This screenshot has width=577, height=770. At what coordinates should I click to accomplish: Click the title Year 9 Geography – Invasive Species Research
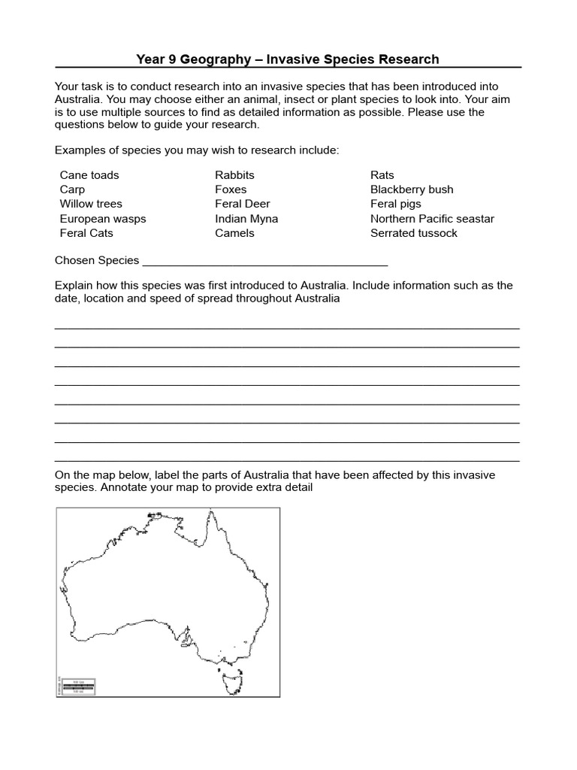pyautogui.click(x=288, y=59)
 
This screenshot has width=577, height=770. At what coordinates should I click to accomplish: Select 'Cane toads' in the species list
pyautogui.click(x=89, y=175)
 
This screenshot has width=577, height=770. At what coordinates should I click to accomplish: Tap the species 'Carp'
pyautogui.click(x=72, y=189)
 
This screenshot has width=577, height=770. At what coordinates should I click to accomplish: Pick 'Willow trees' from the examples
pyautogui.click(x=91, y=204)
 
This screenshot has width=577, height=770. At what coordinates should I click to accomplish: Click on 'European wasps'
pyautogui.click(x=103, y=219)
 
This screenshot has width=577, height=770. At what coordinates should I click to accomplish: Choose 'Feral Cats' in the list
pyautogui.click(x=86, y=233)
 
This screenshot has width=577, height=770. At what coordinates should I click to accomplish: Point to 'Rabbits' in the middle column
pyautogui.click(x=235, y=175)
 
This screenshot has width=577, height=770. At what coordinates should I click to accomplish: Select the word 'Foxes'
pyautogui.click(x=231, y=189)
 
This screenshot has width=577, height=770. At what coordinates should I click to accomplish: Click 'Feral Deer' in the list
pyautogui.click(x=242, y=204)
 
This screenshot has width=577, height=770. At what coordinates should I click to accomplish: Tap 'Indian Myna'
pyautogui.click(x=246, y=219)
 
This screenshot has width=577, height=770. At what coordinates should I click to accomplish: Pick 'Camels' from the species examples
pyautogui.click(x=234, y=233)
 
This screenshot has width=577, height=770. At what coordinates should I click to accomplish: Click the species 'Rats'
pyautogui.click(x=382, y=175)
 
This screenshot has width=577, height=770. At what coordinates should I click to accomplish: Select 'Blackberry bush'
pyautogui.click(x=412, y=189)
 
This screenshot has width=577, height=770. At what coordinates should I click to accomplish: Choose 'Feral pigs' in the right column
pyautogui.click(x=396, y=204)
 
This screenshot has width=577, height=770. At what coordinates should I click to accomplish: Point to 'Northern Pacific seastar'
pyautogui.click(x=432, y=219)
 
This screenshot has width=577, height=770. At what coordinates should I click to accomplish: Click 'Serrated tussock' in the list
pyautogui.click(x=413, y=233)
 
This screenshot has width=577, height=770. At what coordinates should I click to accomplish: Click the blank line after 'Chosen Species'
pyautogui.click(x=264, y=262)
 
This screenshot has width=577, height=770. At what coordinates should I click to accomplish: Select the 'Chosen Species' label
pyautogui.click(x=97, y=260)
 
